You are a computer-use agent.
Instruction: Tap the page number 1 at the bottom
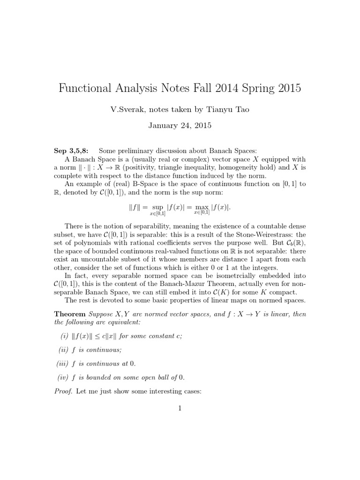180,408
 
